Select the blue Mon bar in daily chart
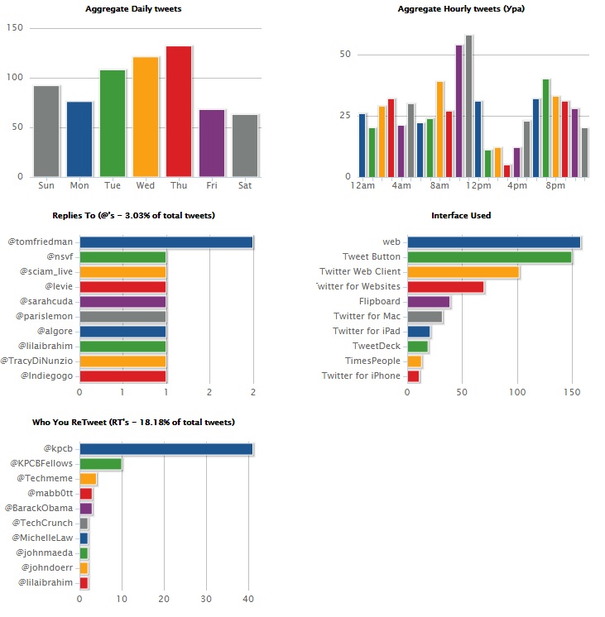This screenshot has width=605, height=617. coord(79,139)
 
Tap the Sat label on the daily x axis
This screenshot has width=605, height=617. coord(245,185)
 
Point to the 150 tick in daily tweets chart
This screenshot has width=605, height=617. coord(14,28)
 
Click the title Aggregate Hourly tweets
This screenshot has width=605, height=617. coord(461,9)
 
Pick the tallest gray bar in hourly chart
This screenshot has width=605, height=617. coord(468,106)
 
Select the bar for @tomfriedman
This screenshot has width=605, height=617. coord(166,242)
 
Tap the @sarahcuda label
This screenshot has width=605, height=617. coord(47,302)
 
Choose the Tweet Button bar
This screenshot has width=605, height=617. coord(489,257)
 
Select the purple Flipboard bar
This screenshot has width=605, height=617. coord(429,302)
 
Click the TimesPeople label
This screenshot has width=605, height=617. coord(372,361)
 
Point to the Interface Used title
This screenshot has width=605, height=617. coord(461,216)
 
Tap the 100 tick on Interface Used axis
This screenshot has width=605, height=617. coord(517,394)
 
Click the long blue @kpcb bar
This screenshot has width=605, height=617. coord(166,449)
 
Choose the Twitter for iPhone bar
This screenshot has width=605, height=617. coord(413,376)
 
